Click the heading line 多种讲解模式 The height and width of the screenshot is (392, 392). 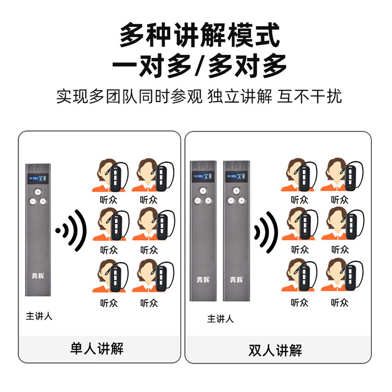199,34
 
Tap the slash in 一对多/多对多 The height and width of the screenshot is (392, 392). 200,66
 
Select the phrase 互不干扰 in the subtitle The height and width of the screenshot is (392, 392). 309,96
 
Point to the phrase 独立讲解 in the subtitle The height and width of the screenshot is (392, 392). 240,96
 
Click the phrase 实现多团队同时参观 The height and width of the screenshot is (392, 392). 129,96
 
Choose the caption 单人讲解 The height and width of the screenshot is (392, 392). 97,348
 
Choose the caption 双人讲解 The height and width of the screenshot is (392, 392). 275,350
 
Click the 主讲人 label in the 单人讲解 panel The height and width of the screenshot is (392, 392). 39,316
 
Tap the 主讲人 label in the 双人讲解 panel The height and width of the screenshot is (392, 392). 220,319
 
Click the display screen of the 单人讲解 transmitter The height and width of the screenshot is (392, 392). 38,178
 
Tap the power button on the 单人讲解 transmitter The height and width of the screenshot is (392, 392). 38,192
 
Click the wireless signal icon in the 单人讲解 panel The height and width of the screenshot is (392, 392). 71,230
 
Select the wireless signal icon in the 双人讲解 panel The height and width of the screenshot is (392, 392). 266,232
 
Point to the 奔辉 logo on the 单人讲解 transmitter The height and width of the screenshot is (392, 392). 38,276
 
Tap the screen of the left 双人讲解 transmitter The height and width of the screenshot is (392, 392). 203,176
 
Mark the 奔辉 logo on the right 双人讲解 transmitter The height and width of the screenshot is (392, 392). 236,279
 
